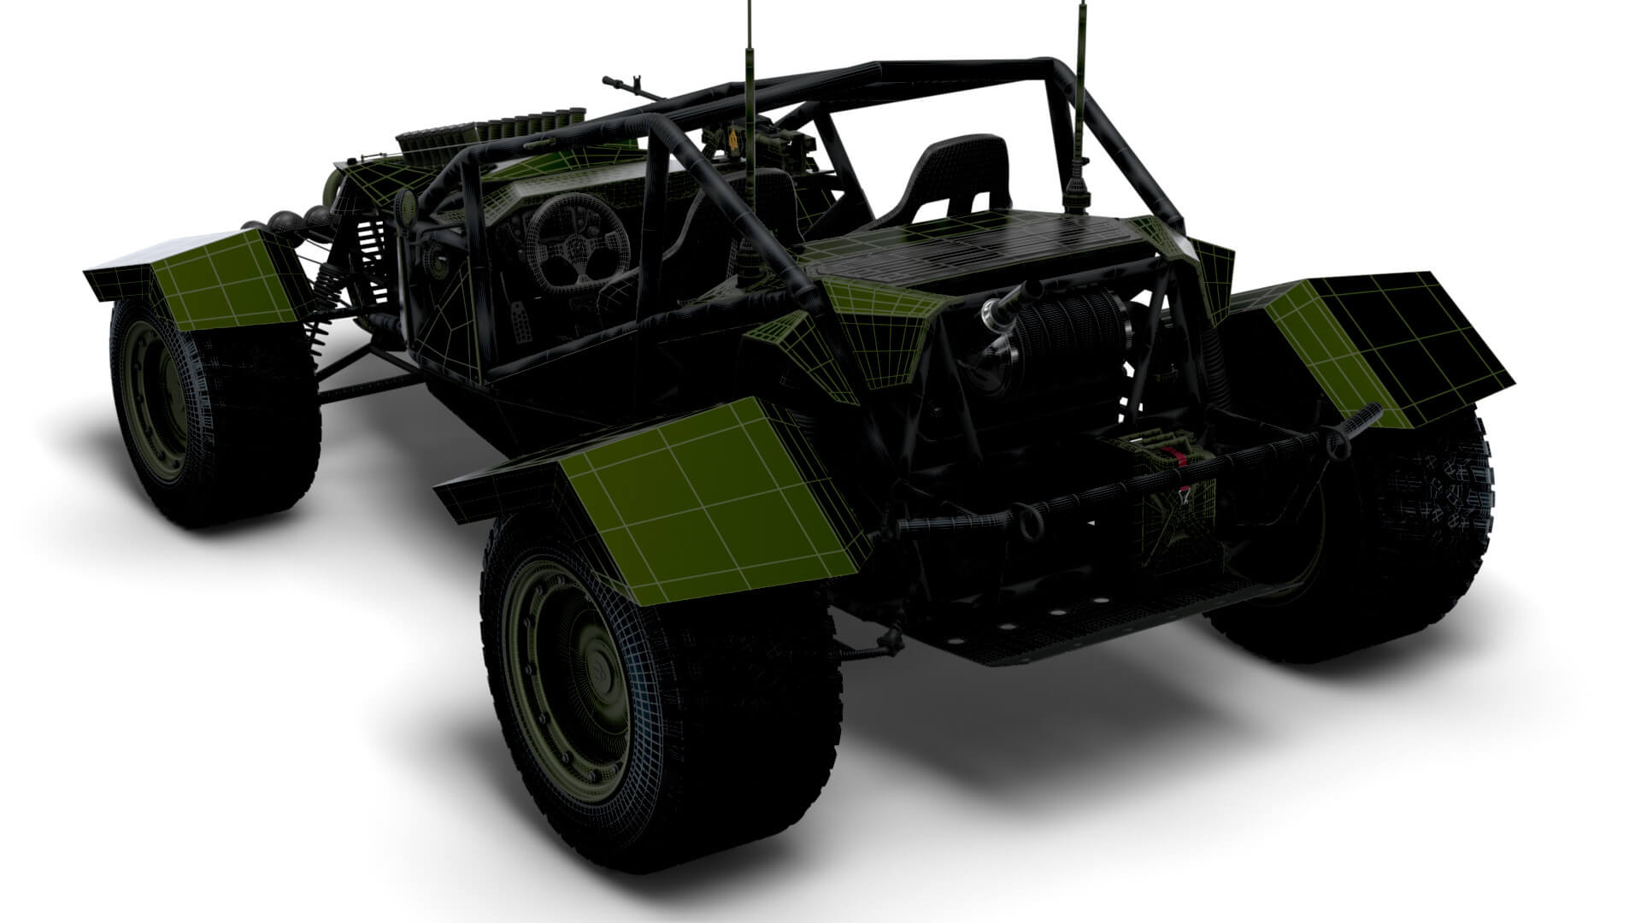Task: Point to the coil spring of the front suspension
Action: (372, 256)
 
